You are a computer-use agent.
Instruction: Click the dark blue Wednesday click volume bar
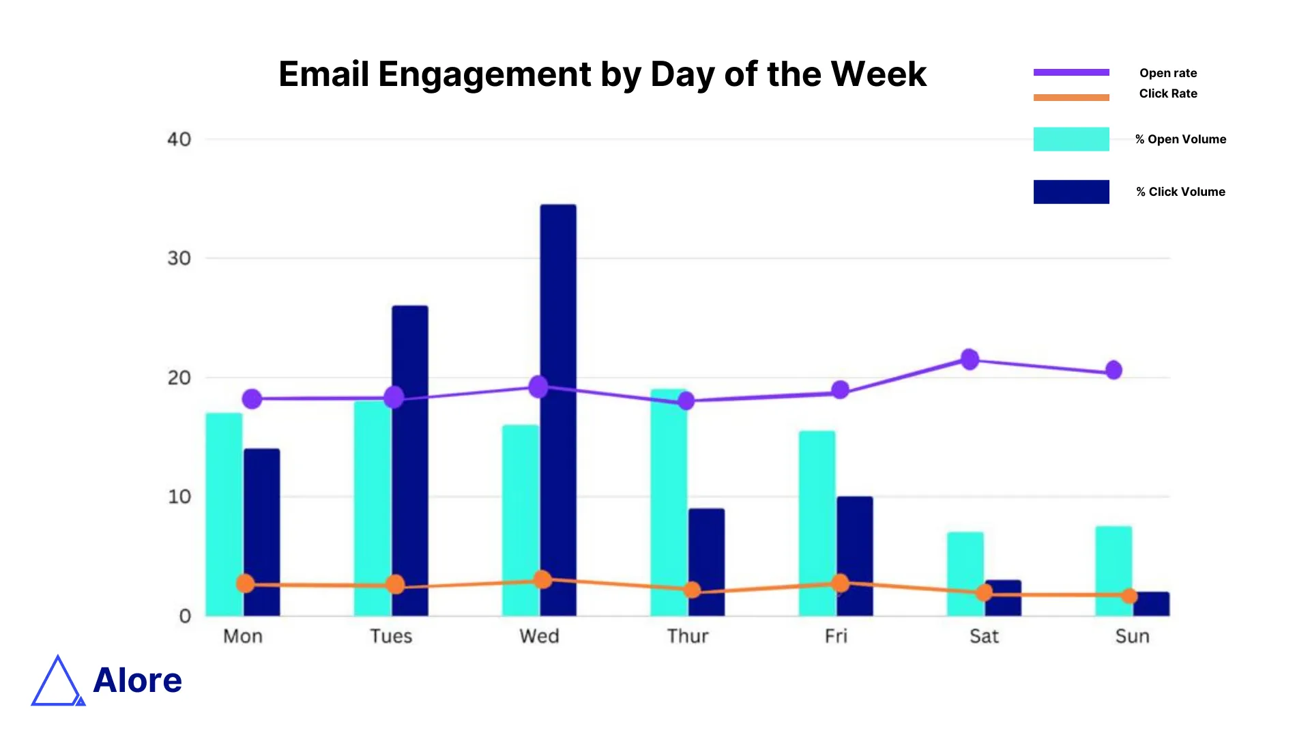coord(558,307)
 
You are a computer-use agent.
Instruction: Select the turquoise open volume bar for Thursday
coord(669,505)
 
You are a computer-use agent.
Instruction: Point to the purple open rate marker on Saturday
coord(970,359)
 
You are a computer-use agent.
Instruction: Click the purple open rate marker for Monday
coord(252,399)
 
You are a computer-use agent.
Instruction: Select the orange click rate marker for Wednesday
coord(542,580)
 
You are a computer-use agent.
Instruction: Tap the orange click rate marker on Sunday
coord(1129,596)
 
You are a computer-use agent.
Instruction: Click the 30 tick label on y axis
coord(179,259)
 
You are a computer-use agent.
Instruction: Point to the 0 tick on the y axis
coord(185,616)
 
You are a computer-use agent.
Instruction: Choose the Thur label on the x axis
coord(688,636)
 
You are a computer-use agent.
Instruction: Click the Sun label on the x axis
coord(1132,636)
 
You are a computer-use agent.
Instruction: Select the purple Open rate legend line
coord(1071,72)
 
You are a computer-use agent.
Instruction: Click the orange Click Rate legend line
coord(1071,98)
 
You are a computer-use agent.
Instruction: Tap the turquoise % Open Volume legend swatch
coord(1071,139)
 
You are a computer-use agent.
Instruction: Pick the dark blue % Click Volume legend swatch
coord(1071,192)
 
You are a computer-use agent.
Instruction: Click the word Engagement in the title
coord(484,74)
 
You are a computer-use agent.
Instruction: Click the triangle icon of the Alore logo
coord(57,682)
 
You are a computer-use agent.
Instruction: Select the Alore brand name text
coord(138,680)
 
